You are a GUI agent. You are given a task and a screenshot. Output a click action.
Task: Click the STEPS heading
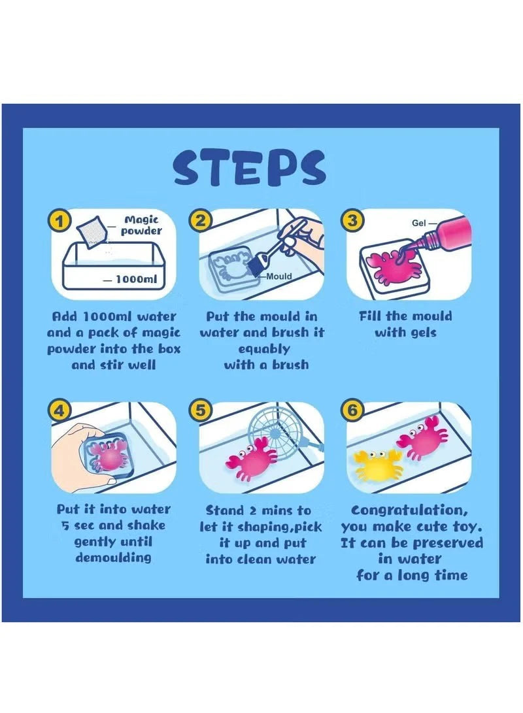(249, 168)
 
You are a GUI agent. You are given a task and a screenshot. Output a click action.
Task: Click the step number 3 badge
(352, 220)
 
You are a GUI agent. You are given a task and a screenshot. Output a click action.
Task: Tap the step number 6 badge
(352, 410)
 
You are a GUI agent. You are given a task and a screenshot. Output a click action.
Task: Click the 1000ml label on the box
(136, 279)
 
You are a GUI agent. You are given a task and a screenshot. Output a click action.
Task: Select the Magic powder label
(141, 225)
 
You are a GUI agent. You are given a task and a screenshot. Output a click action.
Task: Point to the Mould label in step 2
(279, 276)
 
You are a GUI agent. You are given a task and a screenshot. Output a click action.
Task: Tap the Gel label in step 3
(418, 223)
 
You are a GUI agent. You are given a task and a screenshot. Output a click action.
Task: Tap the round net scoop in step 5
(271, 432)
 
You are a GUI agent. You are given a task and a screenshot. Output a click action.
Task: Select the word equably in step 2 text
(264, 349)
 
